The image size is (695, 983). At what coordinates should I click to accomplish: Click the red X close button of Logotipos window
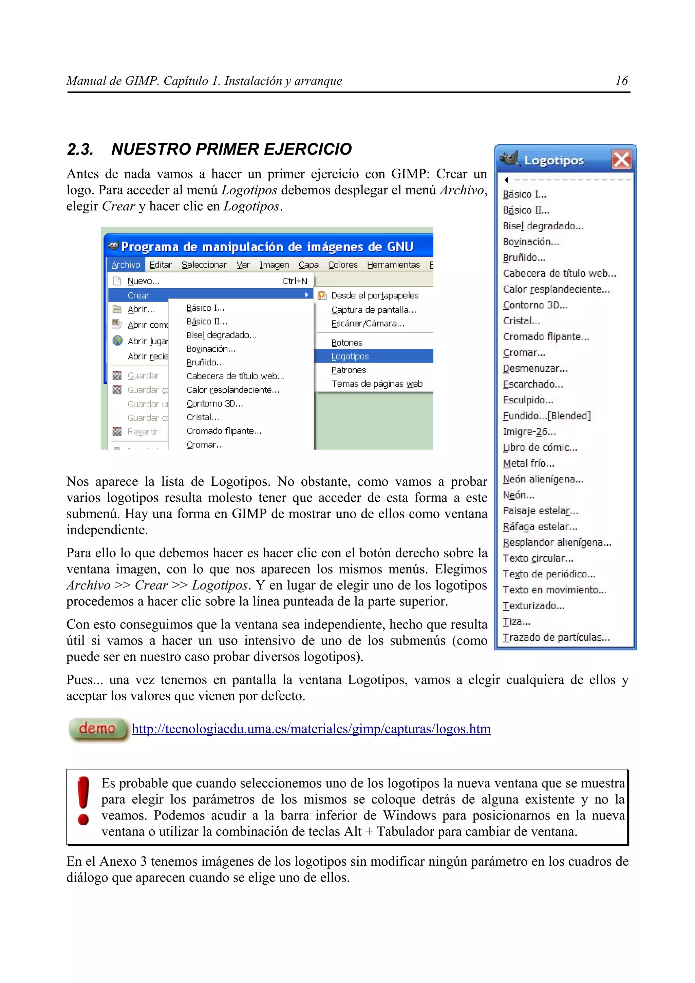pyautogui.click(x=621, y=160)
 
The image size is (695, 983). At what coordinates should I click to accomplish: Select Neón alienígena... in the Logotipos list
pyautogui.click(x=543, y=479)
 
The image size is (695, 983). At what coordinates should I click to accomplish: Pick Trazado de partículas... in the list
pyautogui.click(x=556, y=637)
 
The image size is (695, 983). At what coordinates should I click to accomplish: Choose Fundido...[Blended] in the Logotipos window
pyautogui.click(x=546, y=416)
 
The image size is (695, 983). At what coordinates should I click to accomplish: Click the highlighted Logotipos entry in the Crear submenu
pyautogui.click(x=350, y=356)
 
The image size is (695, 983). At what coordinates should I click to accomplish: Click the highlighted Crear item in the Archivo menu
pyautogui.click(x=138, y=295)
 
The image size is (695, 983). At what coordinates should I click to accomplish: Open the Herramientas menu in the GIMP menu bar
pyautogui.click(x=393, y=265)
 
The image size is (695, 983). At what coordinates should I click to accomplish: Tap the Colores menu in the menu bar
pyautogui.click(x=342, y=265)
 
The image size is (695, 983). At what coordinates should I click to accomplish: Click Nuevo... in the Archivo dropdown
pyautogui.click(x=144, y=281)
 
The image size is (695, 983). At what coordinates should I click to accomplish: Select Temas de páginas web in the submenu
pyautogui.click(x=377, y=384)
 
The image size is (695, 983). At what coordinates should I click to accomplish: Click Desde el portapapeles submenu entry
pyautogui.click(x=375, y=295)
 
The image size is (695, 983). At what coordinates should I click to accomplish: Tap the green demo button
pyautogui.click(x=98, y=728)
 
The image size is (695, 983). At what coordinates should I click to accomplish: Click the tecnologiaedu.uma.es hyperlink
pyautogui.click(x=311, y=729)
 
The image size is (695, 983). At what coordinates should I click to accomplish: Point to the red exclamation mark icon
pyautogui.click(x=83, y=801)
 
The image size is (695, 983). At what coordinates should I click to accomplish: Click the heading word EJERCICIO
pyautogui.click(x=307, y=149)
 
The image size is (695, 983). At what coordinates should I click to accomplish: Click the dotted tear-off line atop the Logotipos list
pyautogui.click(x=569, y=180)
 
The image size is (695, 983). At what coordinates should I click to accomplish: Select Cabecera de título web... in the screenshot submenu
pyautogui.click(x=236, y=376)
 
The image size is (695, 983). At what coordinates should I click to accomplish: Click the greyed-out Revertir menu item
pyautogui.click(x=143, y=431)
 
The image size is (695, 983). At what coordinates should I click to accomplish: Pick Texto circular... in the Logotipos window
pyautogui.click(x=538, y=558)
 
